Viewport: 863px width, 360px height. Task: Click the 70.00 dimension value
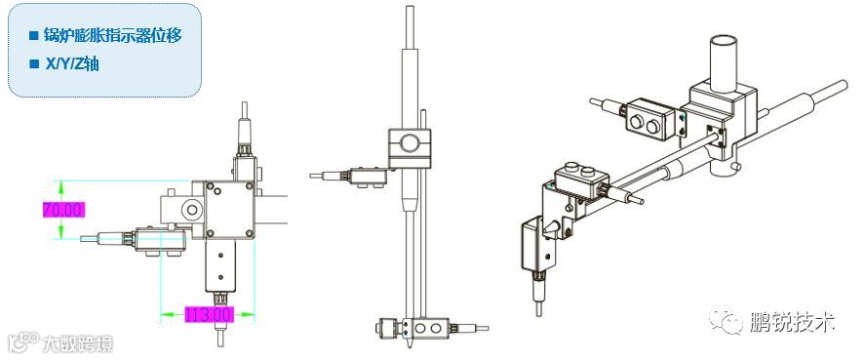(63, 210)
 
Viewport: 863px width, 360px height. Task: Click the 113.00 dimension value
(210, 315)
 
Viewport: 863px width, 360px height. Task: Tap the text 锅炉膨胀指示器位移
(113, 36)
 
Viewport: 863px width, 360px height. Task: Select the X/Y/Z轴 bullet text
(71, 63)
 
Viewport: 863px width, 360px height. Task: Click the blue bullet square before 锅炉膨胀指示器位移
(33, 36)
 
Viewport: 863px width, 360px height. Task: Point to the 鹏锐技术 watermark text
(792, 322)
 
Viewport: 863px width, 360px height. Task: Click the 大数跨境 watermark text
(78, 344)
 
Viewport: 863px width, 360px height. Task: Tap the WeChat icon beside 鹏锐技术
(726, 321)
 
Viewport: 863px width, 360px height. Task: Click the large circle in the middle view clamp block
(409, 143)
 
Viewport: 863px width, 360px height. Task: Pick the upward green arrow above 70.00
(61, 190)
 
